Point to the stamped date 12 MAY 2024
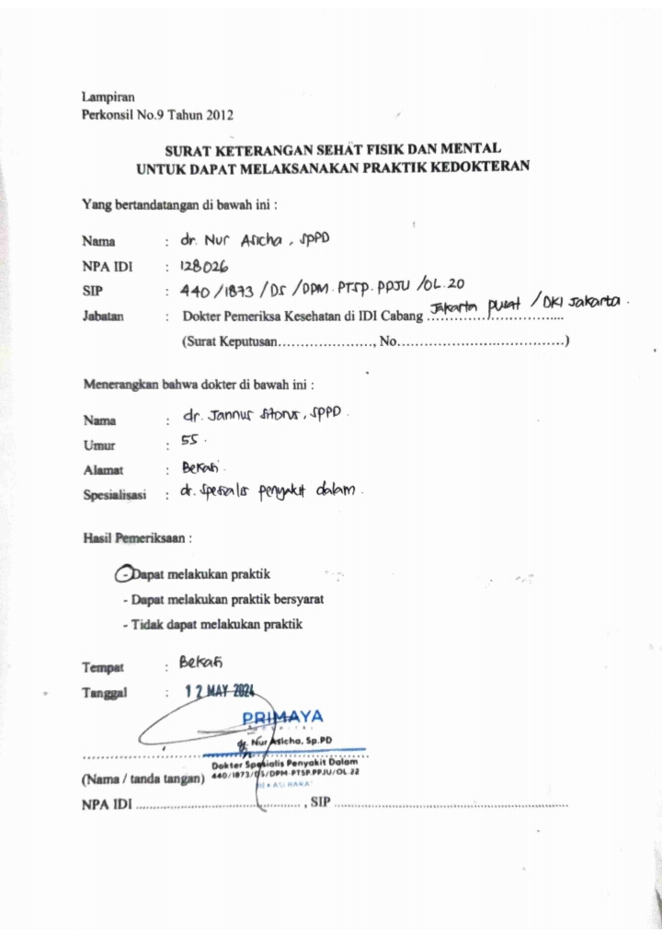[218, 692]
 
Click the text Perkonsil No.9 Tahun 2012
[157, 115]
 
